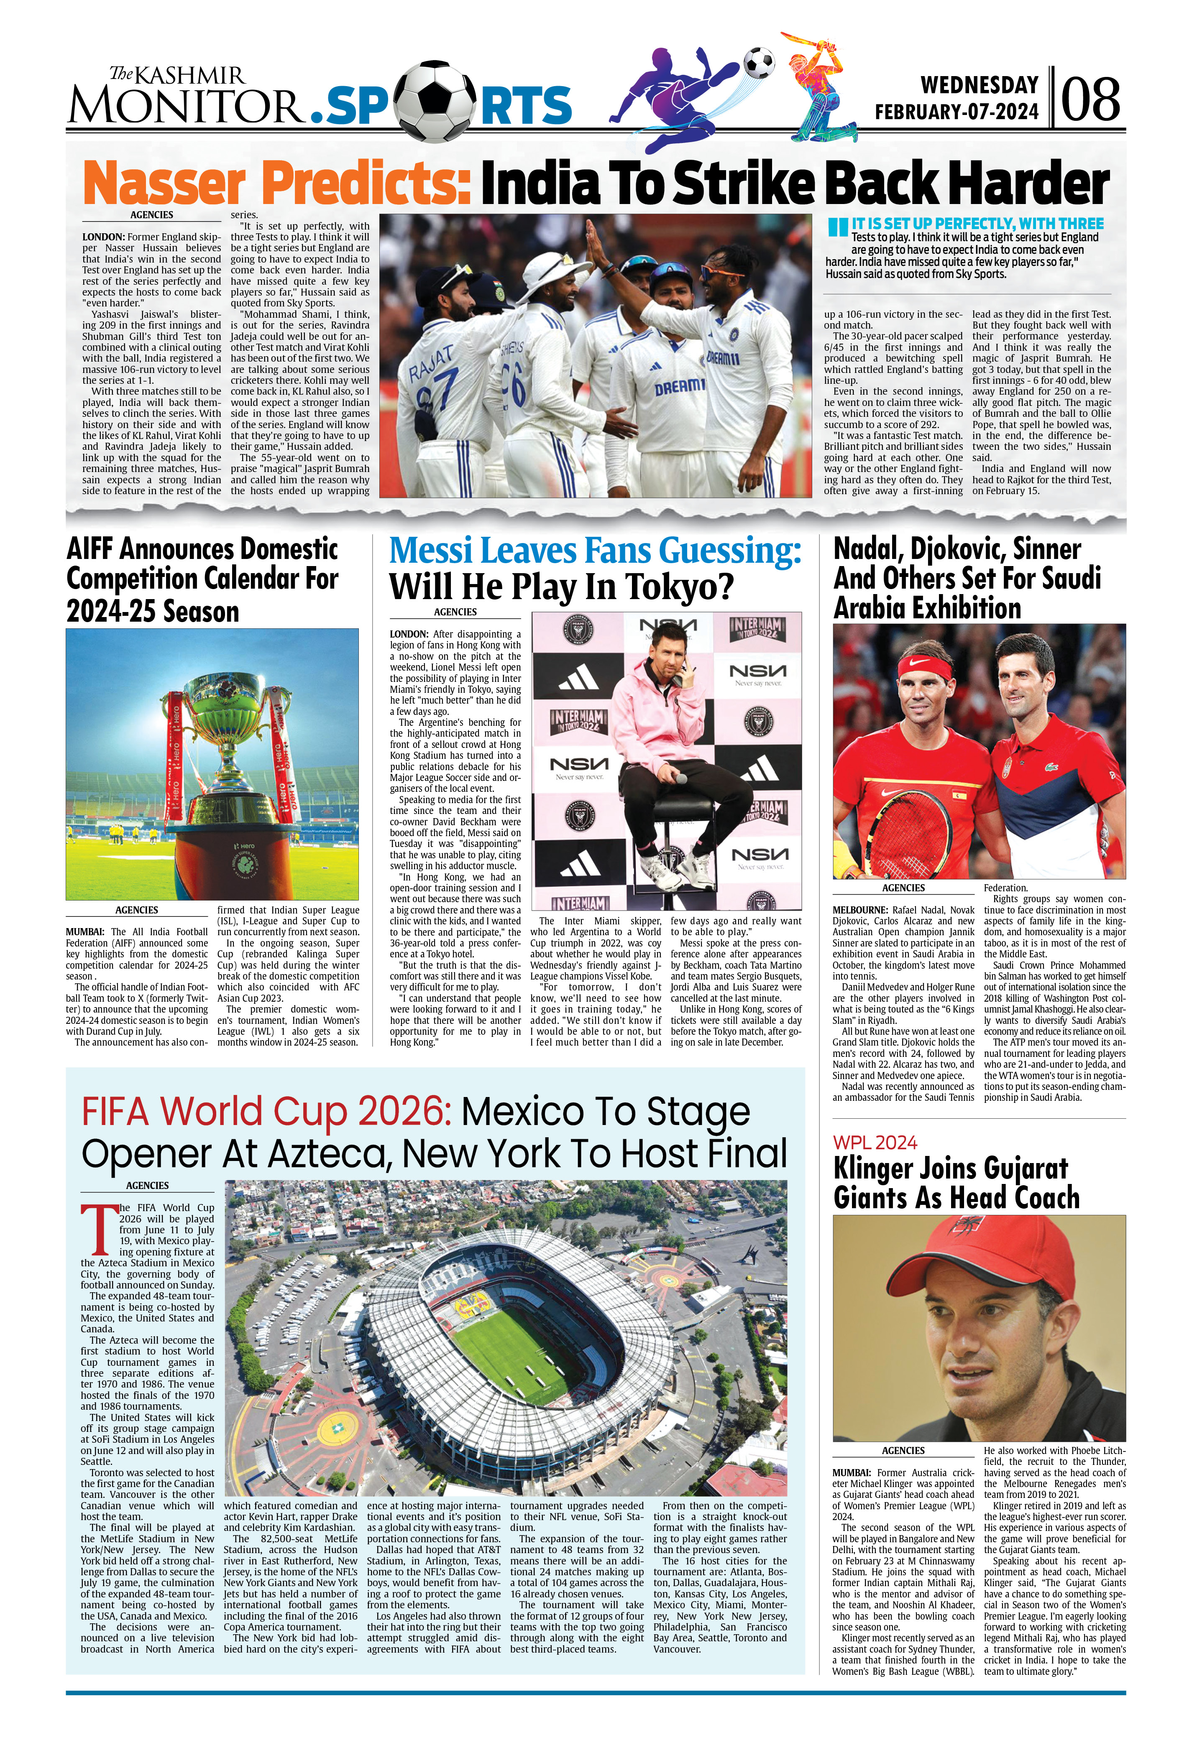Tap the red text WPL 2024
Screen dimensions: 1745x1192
point(875,1143)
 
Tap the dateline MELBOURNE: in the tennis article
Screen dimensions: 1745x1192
point(859,910)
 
